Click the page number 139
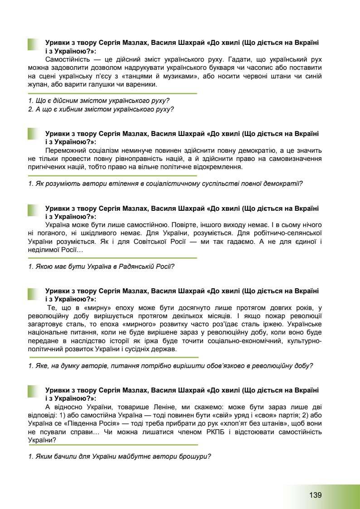click(x=315, y=494)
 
